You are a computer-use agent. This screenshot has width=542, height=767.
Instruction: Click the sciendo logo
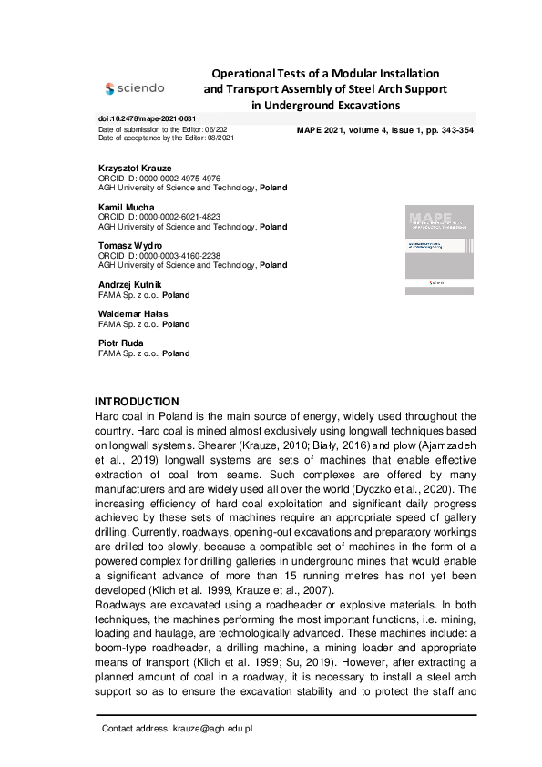click(x=135, y=88)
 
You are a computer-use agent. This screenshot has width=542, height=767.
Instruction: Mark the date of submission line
click(x=165, y=129)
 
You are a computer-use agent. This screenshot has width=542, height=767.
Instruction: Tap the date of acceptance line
click(x=166, y=138)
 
